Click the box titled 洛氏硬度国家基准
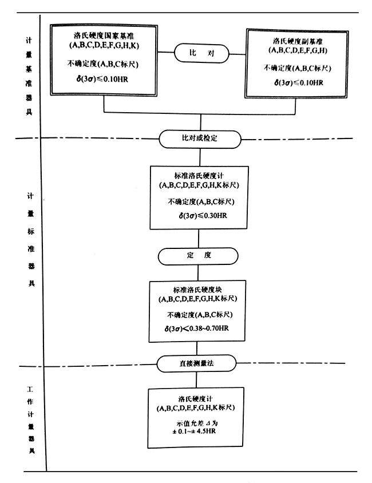104,60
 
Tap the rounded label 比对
200,53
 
